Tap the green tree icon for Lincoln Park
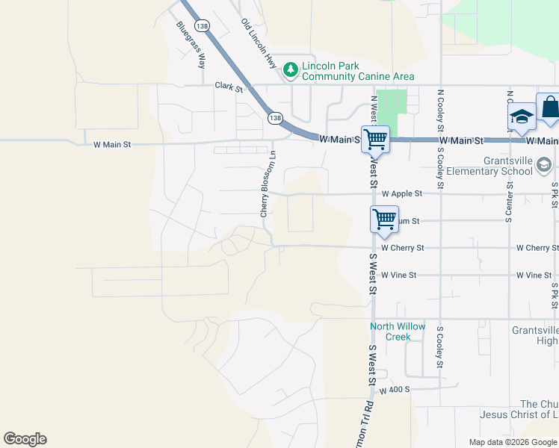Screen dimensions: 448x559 (291, 70)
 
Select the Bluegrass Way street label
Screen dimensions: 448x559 (191, 46)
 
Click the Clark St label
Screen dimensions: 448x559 (229, 88)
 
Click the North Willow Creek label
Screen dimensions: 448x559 (398, 332)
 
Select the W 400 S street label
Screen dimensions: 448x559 (395, 391)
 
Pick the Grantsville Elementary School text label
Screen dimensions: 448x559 (506, 166)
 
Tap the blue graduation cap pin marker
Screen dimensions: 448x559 (522, 117)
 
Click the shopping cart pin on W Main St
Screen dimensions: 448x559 (375, 139)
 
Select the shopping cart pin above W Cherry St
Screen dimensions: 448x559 (384, 220)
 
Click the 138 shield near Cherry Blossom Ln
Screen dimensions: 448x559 (275, 118)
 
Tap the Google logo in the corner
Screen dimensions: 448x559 (25, 439)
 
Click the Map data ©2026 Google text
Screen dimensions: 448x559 (513, 442)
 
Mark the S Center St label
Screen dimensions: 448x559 (508, 202)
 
